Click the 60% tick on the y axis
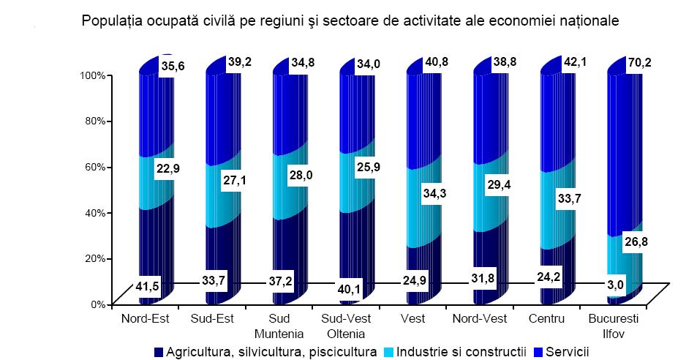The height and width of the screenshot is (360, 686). click(x=95, y=167)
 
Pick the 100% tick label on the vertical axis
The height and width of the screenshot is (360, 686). click(x=93, y=75)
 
